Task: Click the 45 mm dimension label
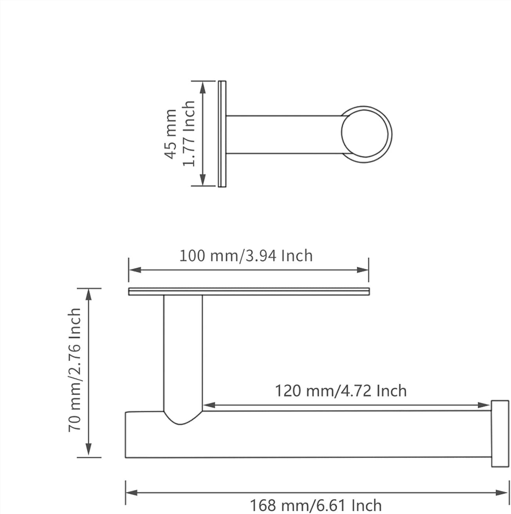click(170, 134)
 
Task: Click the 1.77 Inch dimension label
click(189, 134)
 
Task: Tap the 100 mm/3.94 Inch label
click(246, 255)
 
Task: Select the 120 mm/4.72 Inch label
click(341, 391)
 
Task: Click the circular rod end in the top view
click(367, 134)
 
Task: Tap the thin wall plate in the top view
click(222, 134)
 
